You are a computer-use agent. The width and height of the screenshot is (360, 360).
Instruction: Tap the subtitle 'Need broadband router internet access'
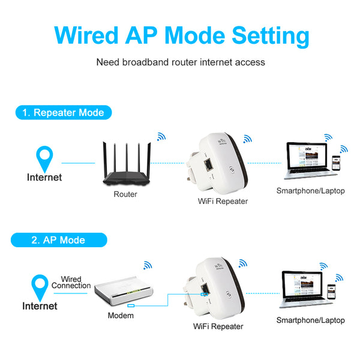181,62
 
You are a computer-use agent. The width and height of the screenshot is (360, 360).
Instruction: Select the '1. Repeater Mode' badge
63,112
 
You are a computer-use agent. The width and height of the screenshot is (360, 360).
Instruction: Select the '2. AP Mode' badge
58,240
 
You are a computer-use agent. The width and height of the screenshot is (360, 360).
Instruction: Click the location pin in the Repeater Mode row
44,157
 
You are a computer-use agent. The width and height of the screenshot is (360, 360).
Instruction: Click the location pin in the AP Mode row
40,286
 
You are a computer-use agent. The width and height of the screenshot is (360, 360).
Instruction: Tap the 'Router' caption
125,194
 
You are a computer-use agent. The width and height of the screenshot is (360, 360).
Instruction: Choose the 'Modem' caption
121,316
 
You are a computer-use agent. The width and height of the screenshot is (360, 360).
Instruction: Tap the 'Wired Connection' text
71,283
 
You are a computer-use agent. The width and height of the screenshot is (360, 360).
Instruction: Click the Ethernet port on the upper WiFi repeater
208,163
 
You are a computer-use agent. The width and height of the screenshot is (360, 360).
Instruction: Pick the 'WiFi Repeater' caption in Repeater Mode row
223,201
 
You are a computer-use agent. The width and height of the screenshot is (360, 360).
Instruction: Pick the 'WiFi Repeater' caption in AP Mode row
218,326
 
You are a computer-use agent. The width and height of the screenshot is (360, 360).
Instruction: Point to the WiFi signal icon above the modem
147,265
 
